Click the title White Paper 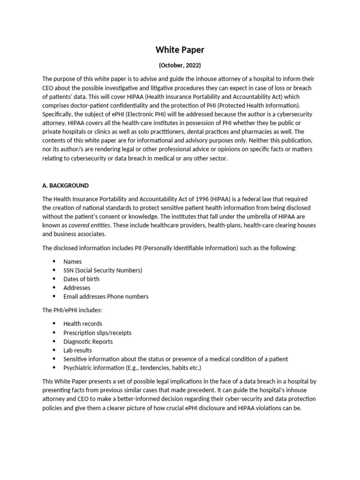click(x=180, y=50)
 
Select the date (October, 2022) click(x=180, y=65)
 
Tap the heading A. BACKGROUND click(x=65, y=186)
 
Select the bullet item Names click(x=73, y=262)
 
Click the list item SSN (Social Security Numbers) click(x=103, y=270)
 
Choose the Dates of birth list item click(x=82, y=279)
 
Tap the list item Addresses click(x=77, y=288)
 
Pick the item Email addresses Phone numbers click(x=106, y=296)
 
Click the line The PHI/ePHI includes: click(x=72, y=310)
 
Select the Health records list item click(x=82, y=323)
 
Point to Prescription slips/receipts click(x=97, y=333)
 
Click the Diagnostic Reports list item click(x=88, y=342)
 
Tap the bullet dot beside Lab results click(x=54, y=350)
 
